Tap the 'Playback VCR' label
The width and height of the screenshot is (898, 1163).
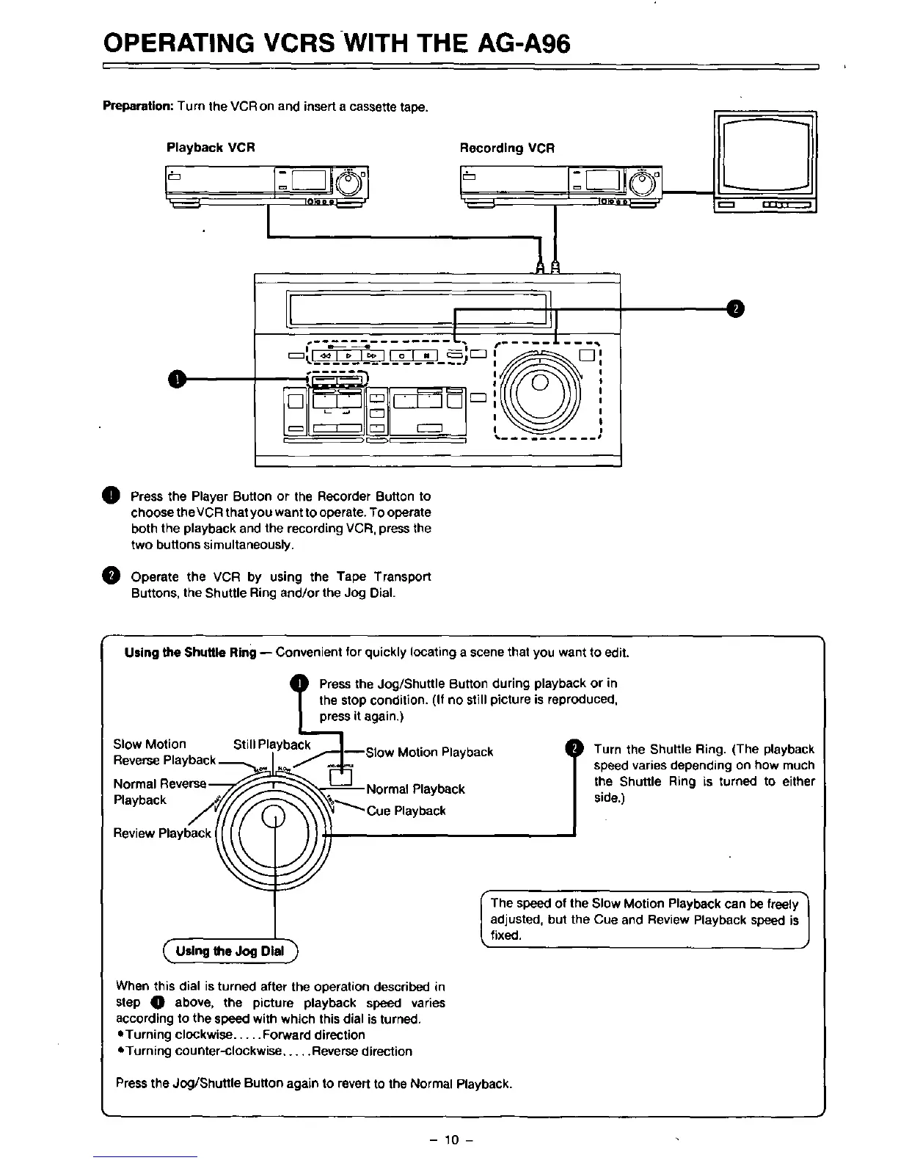(x=211, y=148)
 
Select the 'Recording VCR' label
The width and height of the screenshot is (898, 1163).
(x=507, y=148)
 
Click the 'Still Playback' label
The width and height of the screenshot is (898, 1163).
(x=272, y=744)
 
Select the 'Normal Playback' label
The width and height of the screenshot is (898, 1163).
(x=415, y=789)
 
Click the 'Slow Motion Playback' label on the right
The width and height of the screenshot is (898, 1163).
(x=429, y=752)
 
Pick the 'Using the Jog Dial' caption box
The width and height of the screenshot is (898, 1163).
(x=230, y=952)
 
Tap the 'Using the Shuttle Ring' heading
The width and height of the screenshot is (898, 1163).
(x=191, y=653)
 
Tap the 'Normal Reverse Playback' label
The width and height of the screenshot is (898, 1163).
(x=159, y=791)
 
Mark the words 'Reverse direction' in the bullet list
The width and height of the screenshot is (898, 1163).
(x=362, y=1051)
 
